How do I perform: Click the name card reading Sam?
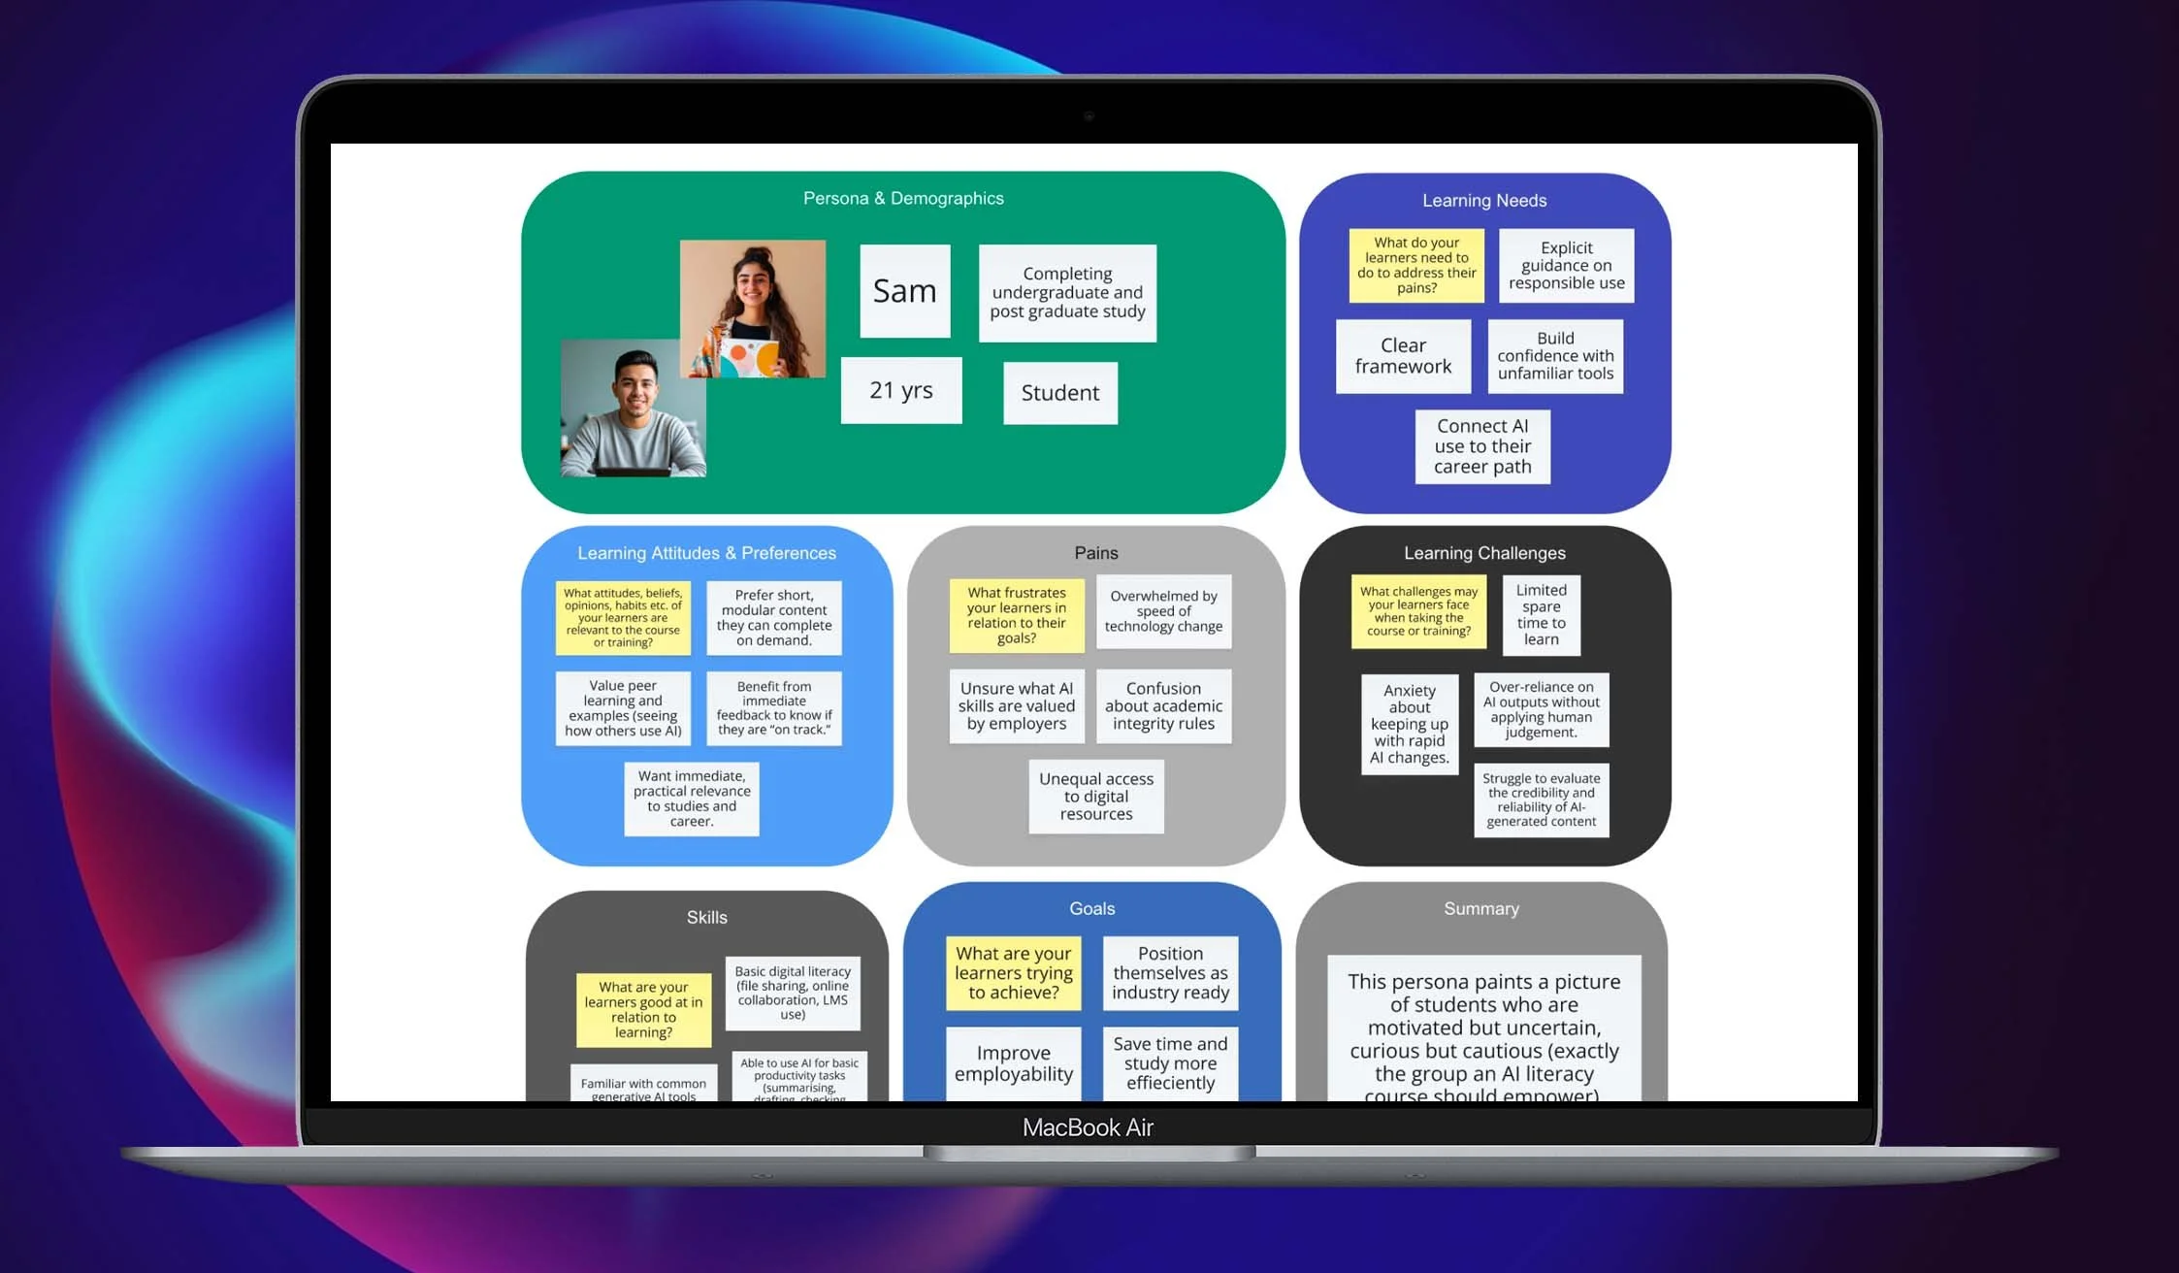coord(904,291)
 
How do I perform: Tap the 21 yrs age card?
coord(901,390)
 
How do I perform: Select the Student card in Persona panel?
coord(1059,393)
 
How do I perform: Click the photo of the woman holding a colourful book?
coord(753,309)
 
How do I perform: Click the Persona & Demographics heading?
coord(903,198)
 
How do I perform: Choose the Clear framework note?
coord(1403,356)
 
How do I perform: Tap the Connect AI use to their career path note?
coord(1482,446)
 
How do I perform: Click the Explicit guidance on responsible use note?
coord(1566,266)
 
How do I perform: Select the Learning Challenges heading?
coord(1484,553)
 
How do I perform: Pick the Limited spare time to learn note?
coord(1541,615)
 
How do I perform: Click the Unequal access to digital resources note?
coord(1096,797)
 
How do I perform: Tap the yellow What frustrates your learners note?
coord(1016,615)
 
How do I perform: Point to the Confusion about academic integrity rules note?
coord(1163,706)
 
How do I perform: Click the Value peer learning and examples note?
coord(623,708)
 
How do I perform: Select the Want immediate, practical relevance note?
coord(692,799)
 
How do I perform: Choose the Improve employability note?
coord(1013,1063)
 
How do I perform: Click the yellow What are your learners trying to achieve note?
coord(1013,973)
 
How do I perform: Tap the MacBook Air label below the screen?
coord(1088,1127)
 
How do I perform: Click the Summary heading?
coord(1480,909)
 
